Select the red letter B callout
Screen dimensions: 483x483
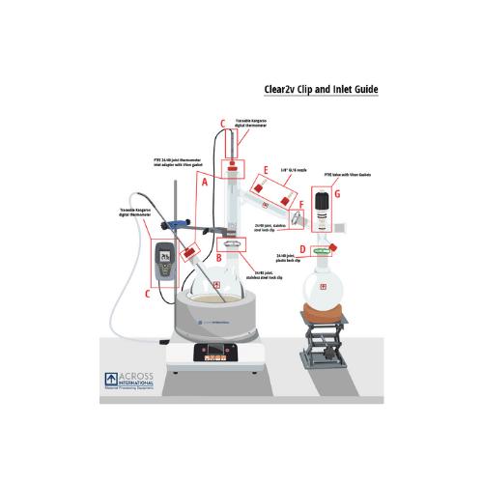pos(220,257)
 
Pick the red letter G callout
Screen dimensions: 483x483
pos(337,194)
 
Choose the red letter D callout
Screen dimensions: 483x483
pos(302,248)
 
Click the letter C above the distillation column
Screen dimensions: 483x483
pos(223,123)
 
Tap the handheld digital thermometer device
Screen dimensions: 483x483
pos(164,261)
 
